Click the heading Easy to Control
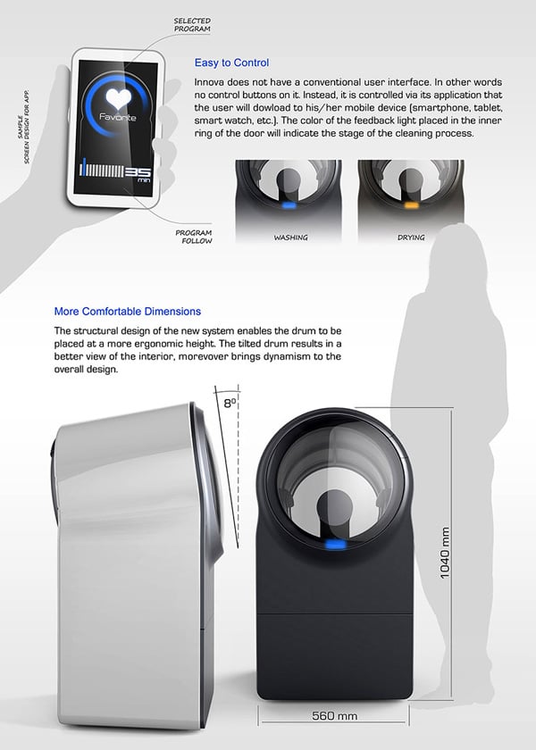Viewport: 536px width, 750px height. pos(231,62)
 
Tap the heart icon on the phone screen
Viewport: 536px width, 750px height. pos(118,98)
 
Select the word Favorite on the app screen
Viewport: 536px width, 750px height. pos(118,117)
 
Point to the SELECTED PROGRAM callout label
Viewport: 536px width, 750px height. pos(192,25)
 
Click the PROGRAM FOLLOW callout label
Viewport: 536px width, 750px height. pos(194,237)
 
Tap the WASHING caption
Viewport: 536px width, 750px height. pos(290,237)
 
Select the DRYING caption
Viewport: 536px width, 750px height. pos(411,237)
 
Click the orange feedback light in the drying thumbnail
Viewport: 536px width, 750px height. pos(412,205)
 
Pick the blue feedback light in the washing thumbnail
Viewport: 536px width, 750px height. pos(289,205)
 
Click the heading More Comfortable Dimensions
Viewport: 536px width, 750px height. pos(127,312)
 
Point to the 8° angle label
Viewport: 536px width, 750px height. pos(230,403)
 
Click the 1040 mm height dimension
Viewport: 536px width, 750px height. pos(445,553)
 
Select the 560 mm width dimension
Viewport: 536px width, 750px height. pos(334,716)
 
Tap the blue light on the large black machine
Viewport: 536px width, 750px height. pos(335,545)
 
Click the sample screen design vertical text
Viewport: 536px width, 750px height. pos(23,126)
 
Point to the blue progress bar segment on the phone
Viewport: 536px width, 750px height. pos(84,167)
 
